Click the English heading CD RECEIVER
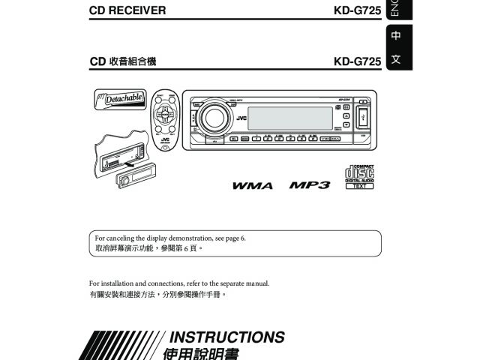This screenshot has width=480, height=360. pyautogui.click(x=127, y=11)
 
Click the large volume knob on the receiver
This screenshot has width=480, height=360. pyautogui.click(x=213, y=118)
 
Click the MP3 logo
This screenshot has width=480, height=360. pyautogui.click(x=309, y=184)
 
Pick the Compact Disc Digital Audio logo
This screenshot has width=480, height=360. pyautogui.click(x=358, y=176)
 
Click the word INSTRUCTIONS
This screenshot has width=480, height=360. pyautogui.click(x=228, y=337)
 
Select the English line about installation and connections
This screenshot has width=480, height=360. pyautogui.click(x=178, y=283)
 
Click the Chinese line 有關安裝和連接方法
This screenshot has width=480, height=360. pyautogui.click(x=157, y=295)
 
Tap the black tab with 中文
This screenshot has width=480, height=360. pyautogui.click(x=395, y=47)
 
